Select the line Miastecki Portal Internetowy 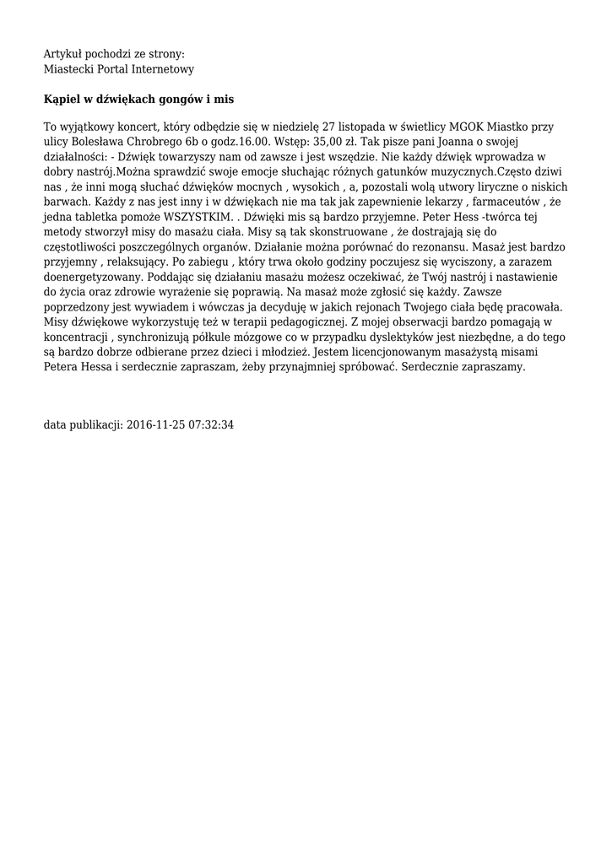[119, 69]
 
